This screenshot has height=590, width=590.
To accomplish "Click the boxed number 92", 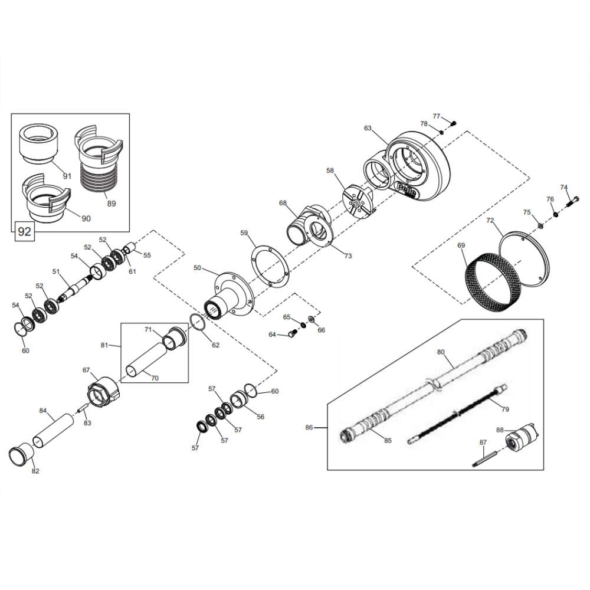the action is coord(24,231).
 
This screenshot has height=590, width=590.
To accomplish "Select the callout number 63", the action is coord(368,128).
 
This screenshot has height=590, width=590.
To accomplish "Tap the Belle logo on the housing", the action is coord(407,190).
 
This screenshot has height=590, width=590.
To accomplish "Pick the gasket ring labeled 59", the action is coord(270,267).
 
